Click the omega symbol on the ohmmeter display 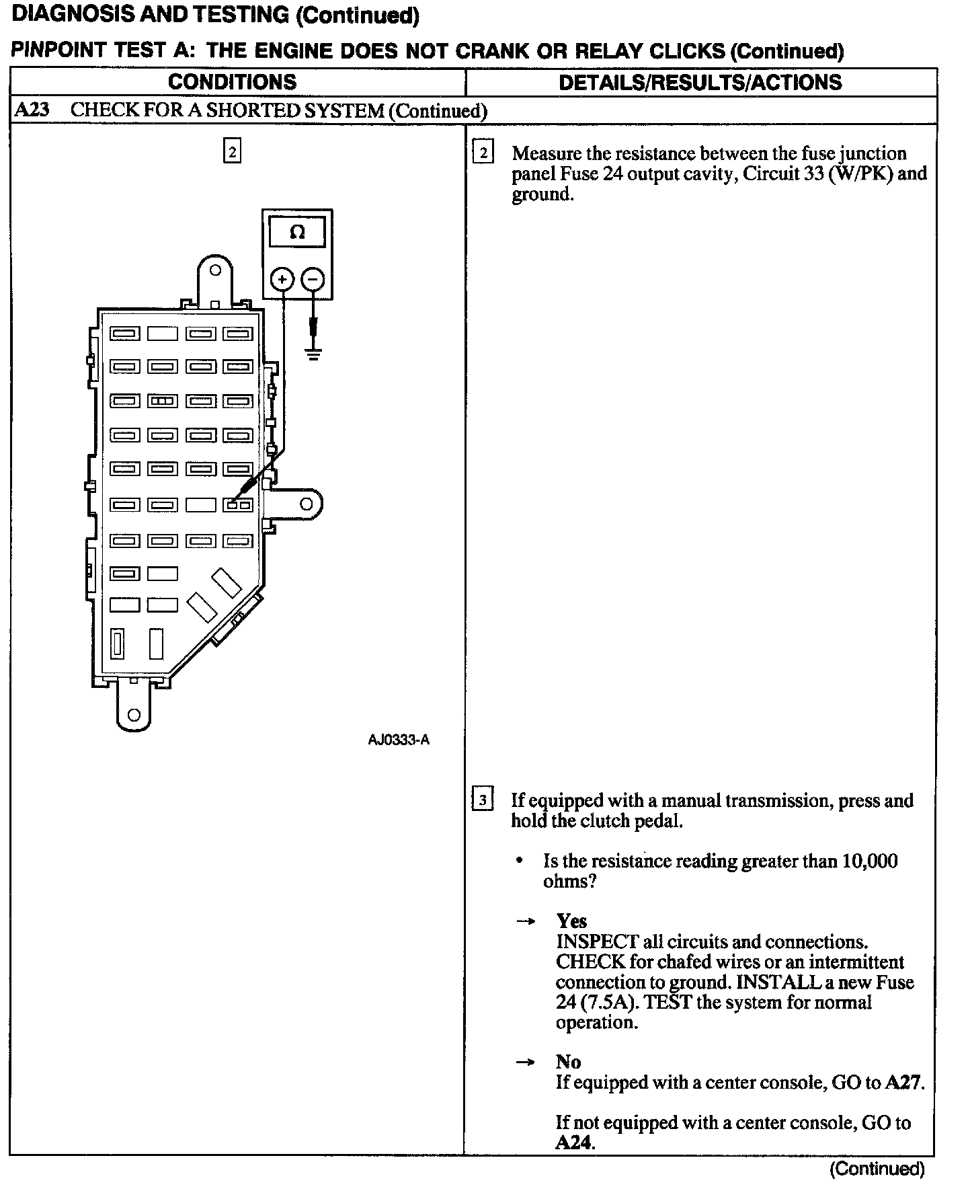pos(297,233)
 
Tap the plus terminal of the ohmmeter pos(282,278)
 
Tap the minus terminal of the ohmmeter pos(313,278)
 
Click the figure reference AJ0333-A pos(399,740)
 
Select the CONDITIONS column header pos(232,82)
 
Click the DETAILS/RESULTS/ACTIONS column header pos(700,82)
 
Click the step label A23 pos(32,110)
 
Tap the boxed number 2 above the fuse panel pos(232,152)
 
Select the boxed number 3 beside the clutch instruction pos(483,801)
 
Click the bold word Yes pos(571,921)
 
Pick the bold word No pos(568,1062)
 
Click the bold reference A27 pos(903,1082)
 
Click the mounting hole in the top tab pos(215,270)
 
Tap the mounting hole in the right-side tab pos(306,504)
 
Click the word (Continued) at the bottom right pos(877,1169)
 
